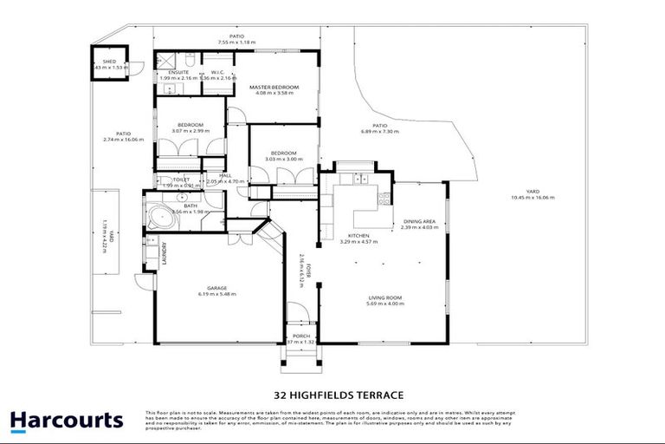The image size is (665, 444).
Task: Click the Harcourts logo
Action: click(67, 421)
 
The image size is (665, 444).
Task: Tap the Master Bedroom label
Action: click(274, 88)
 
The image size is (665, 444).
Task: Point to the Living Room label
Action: click(384, 298)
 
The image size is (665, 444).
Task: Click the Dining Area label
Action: click(419, 222)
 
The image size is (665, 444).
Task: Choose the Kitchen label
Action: click(358, 235)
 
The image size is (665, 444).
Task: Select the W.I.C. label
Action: click(218, 72)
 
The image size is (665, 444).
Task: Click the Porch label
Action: click(300, 336)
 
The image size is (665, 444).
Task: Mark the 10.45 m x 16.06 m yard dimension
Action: click(533, 198)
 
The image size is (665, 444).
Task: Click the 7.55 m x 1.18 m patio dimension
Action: click(236, 42)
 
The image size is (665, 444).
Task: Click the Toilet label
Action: click(182, 180)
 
